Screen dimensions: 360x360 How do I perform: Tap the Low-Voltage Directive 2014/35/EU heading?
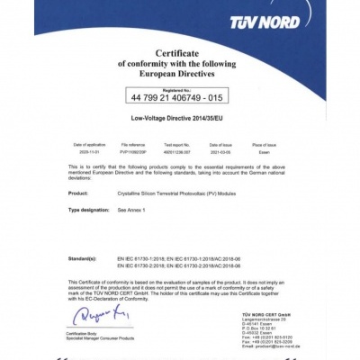tap(180, 118)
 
